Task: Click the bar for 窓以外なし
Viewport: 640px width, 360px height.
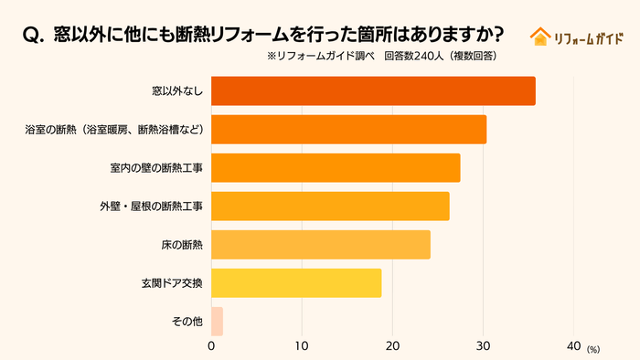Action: tap(373, 91)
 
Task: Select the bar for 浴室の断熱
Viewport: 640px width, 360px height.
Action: tap(348, 130)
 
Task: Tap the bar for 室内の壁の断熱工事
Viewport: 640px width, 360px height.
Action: tap(336, 168)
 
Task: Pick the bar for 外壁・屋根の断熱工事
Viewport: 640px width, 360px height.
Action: tap(330, 206)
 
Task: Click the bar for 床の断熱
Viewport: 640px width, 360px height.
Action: tap(320, 245)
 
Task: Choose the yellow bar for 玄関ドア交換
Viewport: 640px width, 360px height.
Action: tap(296, 283)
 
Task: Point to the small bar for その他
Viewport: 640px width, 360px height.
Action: tap(217, 322)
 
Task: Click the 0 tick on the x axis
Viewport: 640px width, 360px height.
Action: tap(211, 346)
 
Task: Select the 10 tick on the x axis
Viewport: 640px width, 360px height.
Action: tap(302, 346)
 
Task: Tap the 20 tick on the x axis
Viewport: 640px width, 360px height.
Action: tap(392, 346)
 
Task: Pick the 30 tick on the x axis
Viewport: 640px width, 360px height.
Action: tap(483, 346)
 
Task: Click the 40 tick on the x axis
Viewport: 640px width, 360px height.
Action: tap(573, 346)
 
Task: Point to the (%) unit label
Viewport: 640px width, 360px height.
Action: tap(593, 349)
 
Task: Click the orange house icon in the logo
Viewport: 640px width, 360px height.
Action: tap(539, 36)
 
